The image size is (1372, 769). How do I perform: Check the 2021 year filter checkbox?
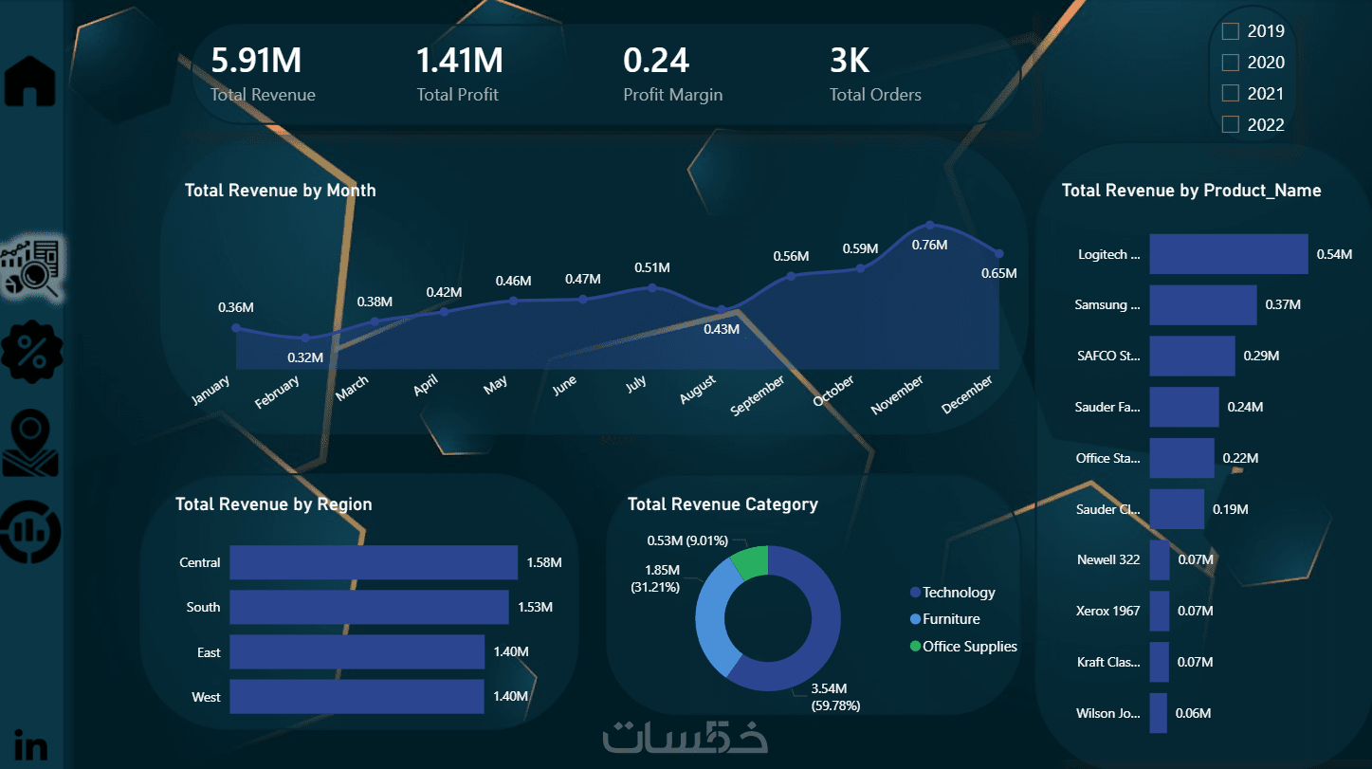click(1231, 93)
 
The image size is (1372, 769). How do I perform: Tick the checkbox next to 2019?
click(1231, 31)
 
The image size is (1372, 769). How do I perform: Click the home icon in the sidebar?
click(31, 81)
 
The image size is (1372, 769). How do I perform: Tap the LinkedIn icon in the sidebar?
click(31, 745)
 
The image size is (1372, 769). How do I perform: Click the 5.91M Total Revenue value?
click(256, 61)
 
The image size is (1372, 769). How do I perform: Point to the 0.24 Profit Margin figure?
click(656, 61)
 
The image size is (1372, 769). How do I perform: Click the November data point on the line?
click(930, 225)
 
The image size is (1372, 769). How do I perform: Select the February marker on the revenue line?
click(305, 338)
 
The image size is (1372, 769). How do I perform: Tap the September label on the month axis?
click(759, 394)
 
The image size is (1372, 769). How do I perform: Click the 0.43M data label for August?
click(722, 329)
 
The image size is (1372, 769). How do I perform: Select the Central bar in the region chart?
click(374, 562)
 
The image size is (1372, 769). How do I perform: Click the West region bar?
click(357, 697)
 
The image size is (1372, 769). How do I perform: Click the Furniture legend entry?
click(951, 619)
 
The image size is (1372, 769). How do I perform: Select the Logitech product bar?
click(1228, 254)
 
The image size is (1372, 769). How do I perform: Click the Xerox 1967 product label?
click(1107, 611)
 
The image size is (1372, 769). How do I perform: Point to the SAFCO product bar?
click(1192, 356)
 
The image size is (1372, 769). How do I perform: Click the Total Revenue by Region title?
click(273, 504)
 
